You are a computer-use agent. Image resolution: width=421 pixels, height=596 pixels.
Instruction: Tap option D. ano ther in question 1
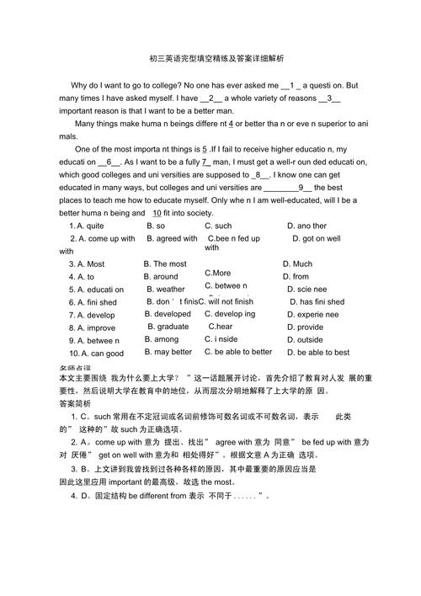click(x=306, y=226)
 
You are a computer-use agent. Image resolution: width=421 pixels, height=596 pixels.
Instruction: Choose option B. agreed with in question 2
click(x=172, y=238)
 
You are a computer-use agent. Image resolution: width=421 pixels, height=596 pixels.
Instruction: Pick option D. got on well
click(x=317, y=238)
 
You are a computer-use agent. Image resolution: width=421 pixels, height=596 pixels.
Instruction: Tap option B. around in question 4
click(x=161, y=276)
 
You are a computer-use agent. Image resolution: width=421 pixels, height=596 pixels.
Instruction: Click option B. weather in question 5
click(x=165, y=289)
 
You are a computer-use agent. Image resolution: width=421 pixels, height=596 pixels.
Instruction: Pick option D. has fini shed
click(x=317, y=301)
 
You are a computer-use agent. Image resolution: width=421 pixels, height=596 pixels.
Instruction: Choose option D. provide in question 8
click(x=303, y=327)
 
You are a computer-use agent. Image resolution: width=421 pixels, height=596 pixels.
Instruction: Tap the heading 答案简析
click(x=78, y=403)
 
